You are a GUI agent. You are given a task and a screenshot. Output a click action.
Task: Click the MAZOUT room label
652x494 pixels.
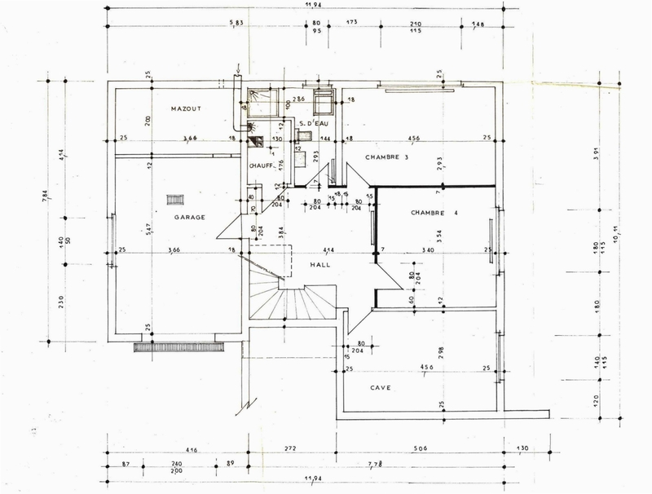click(186, 108)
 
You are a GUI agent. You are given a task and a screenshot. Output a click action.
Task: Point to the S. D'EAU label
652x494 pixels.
click(312, 124)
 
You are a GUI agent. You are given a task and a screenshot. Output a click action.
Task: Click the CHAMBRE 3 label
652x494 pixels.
click(387, 157)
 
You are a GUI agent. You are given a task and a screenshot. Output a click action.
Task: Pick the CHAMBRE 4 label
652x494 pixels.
click(434, 214)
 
